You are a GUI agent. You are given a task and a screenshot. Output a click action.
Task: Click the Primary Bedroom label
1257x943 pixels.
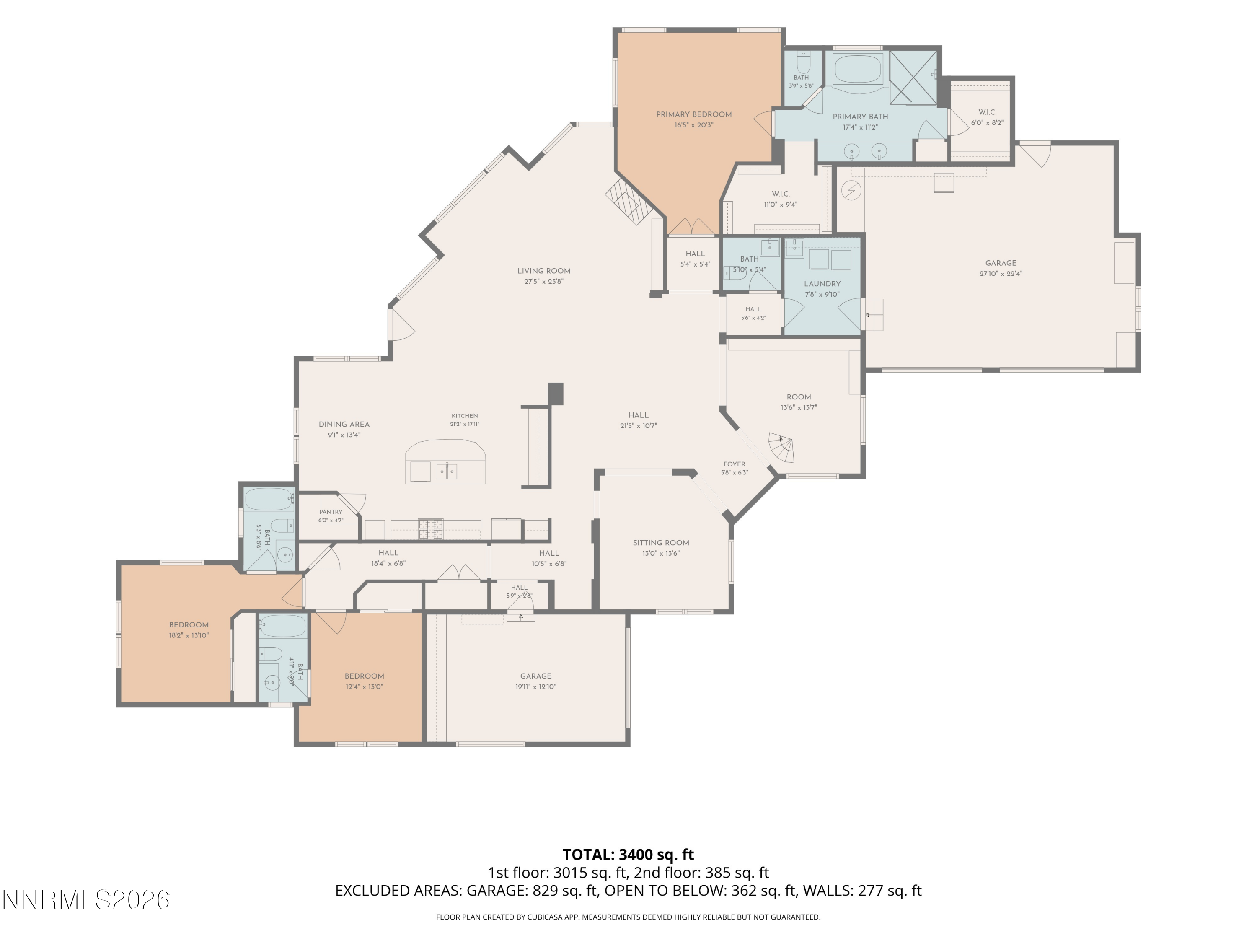tap(694, 114)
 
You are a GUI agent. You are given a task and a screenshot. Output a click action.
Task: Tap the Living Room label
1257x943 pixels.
tap(544, 271)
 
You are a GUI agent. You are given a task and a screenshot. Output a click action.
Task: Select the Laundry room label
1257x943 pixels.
tap(822, 284)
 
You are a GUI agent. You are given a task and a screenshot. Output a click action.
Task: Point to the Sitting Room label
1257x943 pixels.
tap(661, 543)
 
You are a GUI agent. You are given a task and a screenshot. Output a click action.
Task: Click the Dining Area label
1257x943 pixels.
tap(344, 425)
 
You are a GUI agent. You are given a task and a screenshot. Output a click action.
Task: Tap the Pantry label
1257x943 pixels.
tap(331, 512)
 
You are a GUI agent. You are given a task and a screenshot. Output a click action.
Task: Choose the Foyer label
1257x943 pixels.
tap(734, 464)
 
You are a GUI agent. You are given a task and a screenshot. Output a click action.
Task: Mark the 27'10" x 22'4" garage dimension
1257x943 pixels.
tap(1001, 273)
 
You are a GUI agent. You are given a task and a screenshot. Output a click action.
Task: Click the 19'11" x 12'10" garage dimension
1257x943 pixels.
tap(536, 687)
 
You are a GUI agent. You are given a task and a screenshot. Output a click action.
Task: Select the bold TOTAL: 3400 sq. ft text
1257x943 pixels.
tap(628, 854)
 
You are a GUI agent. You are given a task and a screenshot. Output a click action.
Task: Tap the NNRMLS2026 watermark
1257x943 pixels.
tap(86, 900)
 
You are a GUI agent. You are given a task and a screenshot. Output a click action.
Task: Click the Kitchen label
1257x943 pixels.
tap(465, 416)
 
